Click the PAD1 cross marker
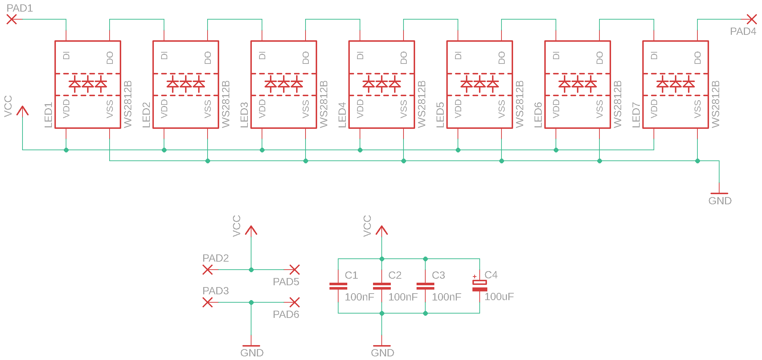(x=12, y=19)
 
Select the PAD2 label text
(x=216, y=258)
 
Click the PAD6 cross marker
(x=295, y=302)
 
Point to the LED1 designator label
(x=48, y=115)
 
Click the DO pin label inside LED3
(x=306, y=58)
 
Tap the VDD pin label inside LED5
(x=458, y=109)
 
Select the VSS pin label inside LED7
(x=697, y=109)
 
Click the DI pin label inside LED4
(x=360, y=56)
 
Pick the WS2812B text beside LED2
(x=225, y=104)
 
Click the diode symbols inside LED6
(x=578, y=84)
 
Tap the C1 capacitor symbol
(x=338, y=286)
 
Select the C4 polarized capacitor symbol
(x=480, y=286)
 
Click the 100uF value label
(x=499, y=297)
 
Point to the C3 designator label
(x=438, y=275)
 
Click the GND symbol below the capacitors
(x=382, y=347)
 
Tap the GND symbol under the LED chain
(x=719, y=194)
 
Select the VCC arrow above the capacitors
(x=382, y=230)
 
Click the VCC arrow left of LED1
(x=22, y=111)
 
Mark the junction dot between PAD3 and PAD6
(x=251, y=302)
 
